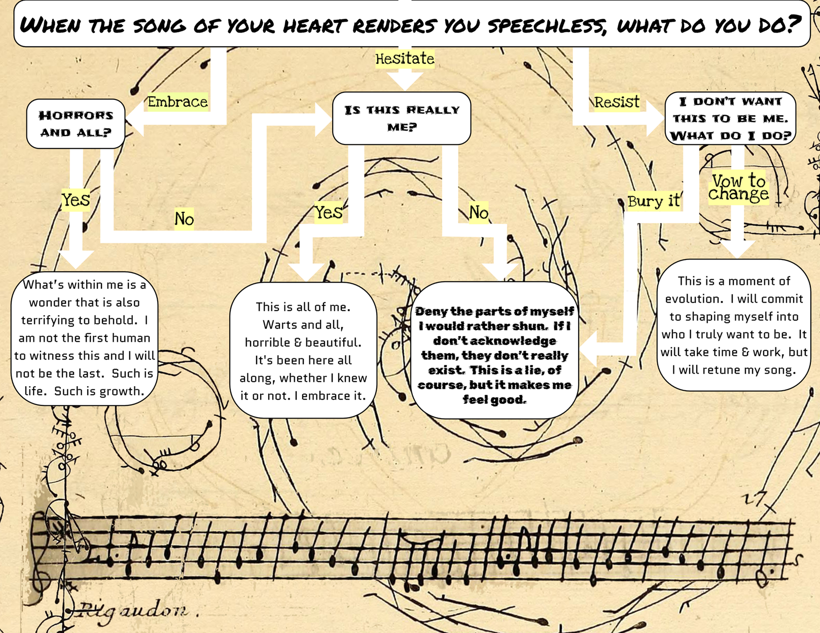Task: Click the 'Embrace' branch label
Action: click(x=177, y=102)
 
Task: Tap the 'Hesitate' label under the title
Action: click(x=405, y=59)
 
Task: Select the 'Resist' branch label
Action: click(x=617, y=102)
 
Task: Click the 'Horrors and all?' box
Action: click(x=76, y=124)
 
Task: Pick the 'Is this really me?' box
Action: click(x=402, y=118)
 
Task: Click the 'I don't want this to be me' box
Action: click(x=730, y=118)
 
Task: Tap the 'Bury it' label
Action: click(x=653, y=201)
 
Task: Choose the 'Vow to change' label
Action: click(x=738, y=188)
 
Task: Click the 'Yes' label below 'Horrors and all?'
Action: click(x=76, y=200)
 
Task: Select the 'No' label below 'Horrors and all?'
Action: click(x=184, y=219)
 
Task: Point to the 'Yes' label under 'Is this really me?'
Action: click(x=328, y=212)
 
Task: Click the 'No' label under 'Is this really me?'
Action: click(x=478, y=212)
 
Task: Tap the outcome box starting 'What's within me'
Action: click(x=84, y=338)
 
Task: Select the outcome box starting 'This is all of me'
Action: click(x=303, y=351)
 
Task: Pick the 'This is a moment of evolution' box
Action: click(x=733, y=325)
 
